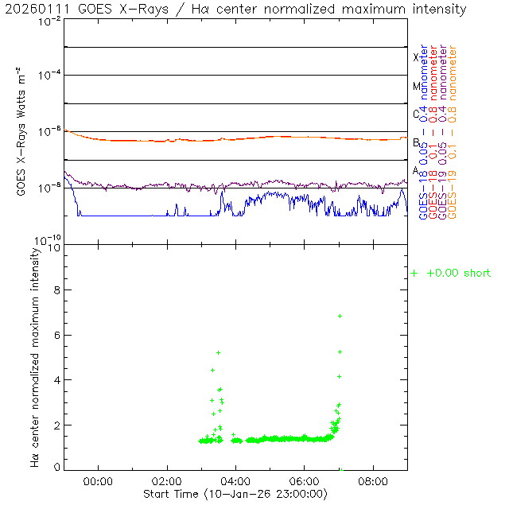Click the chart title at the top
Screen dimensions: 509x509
pyautogui.click(x=236, y=10)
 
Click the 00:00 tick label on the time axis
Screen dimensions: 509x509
pyautogui.click(x=98, y=481)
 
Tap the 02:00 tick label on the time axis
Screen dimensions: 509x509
pyautogui.click(x=167, y=481)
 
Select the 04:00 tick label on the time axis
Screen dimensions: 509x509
pyautogui.click(x=235, y=481)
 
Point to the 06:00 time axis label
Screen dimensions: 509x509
pyautogui.click(x=305, y=481)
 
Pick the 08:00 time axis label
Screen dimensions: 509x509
pyautogui.click(x=373, y=481)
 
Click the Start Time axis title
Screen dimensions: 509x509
pyautogui.click(x=235, y=494)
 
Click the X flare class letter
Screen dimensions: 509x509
pyautogui.click(x=415, y=57)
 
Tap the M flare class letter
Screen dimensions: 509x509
pyautogui.click(x=415, y=86)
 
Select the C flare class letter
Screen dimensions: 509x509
pyautogui.click(x=415, y=114)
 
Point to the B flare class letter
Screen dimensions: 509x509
pyautogui.click(x=415, y=142)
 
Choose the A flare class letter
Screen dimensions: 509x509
pyautogui.click(x=415, y=170)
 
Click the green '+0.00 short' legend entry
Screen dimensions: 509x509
pyautogui.click(x=451, y=274)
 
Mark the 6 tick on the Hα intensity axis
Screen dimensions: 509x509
pyautogui.click(x=55, y=336)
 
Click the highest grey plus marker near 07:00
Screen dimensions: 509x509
pyautogui.click(x=340, y=317)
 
